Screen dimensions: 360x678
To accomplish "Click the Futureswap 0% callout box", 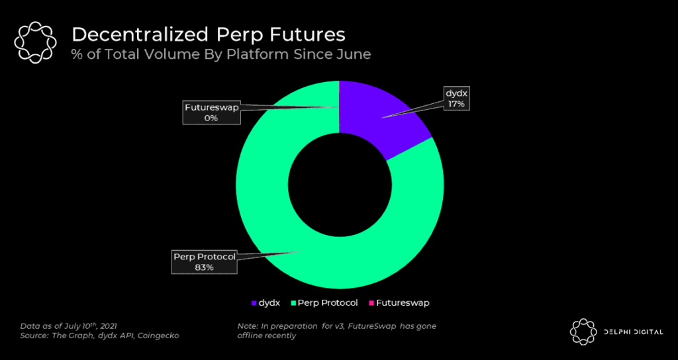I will click(x=211, y=112).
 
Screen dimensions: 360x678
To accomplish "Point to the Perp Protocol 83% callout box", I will click(x=204, y=261).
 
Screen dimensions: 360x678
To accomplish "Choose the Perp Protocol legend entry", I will click(x=324, y=303).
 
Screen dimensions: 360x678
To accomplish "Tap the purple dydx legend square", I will click(x=255, y=303).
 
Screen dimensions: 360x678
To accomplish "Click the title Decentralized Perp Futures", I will click(x=208, y=34).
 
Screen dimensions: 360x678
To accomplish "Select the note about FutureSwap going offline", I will click(x=336, y=331).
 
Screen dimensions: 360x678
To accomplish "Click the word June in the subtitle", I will click(x=354, y=54).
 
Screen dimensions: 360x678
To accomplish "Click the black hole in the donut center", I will click(x=339, y=185).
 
